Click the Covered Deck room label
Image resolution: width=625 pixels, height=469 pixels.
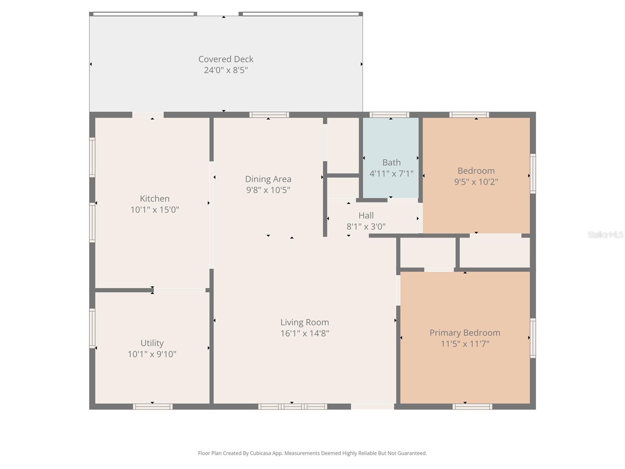pyautogui.click(x=226, y=59)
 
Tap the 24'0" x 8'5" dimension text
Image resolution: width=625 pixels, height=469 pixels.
pyautogui.click(x=226, y=70)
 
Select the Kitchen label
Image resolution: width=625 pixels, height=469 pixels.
pyautogui.click(x=155, y=199)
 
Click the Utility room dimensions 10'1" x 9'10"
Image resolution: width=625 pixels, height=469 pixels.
pyautogui.click(x=152, y=354)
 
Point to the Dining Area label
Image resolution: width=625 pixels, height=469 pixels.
pyautogui.click(x=268, y=179)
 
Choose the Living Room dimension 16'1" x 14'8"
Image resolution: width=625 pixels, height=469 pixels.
pyautogui.click(x=305, y=333)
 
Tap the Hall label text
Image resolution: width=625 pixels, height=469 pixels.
pyautogui.click(x=366, y=215)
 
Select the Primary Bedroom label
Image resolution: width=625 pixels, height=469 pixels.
pyautogui.click(x=465, y=333)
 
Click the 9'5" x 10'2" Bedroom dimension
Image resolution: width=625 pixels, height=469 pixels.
pyautogui.click(x=476, y=182)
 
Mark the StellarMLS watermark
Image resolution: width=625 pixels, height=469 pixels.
pyautogui.click(x=605, y=234)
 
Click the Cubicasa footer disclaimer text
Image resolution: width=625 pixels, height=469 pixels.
pyautogui.click(x=312, y=453)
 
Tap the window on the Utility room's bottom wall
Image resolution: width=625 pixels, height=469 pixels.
pyautogui.click(x=153, y=406)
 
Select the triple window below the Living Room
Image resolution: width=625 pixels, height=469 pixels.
pyautogui.click(x=293, y=406)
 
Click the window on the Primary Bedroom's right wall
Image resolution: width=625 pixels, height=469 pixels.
pyautogui.click(x=532, y=338)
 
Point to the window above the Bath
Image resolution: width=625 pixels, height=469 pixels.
pyautogui.click(x=389, y=115)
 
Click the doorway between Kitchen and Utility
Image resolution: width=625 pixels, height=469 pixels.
pyautogui.click(x=179, y=290)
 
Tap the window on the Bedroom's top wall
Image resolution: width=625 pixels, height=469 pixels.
pyautogui.click(x=469, y=115)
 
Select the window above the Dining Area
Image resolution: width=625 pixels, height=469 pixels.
pyautogui.click(x=269, y=115)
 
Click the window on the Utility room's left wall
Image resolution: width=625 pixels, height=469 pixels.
pyautogui.click(x=93, y=328)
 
